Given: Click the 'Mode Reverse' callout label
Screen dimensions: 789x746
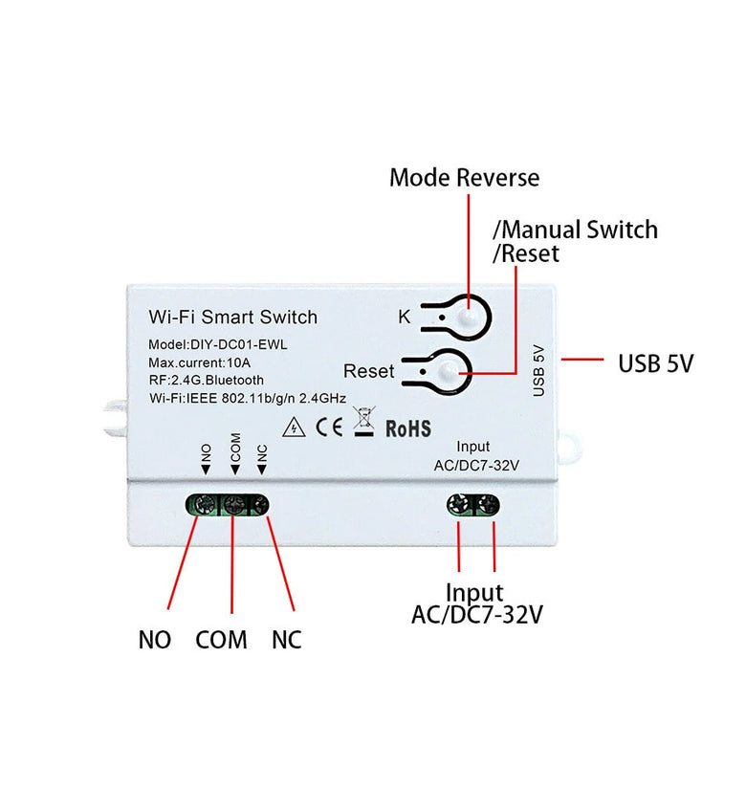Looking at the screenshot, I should click(464, 178).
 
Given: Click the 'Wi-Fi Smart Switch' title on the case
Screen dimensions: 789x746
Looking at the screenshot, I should click(232, 317).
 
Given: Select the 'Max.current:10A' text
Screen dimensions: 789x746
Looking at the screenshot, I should click(200, 362).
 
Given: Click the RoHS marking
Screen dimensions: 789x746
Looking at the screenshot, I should click(407, 427).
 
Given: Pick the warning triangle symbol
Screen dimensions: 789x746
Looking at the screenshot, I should click(296, 427).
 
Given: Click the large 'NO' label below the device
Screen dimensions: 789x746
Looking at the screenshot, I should click(155, 640).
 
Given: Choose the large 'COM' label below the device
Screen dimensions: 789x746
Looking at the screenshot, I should click(221, 640).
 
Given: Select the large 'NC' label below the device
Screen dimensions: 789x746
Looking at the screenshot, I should click(286, 640).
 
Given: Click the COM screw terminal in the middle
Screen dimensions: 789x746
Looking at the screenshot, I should click(233, 504).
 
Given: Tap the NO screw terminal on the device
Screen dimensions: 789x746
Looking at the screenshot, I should click(205, 504).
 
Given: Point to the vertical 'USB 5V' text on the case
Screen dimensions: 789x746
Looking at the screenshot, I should click(538, 371).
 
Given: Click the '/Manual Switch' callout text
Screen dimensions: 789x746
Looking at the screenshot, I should click(575, 230).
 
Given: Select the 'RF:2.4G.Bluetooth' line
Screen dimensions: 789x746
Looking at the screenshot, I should click(206, 380).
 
